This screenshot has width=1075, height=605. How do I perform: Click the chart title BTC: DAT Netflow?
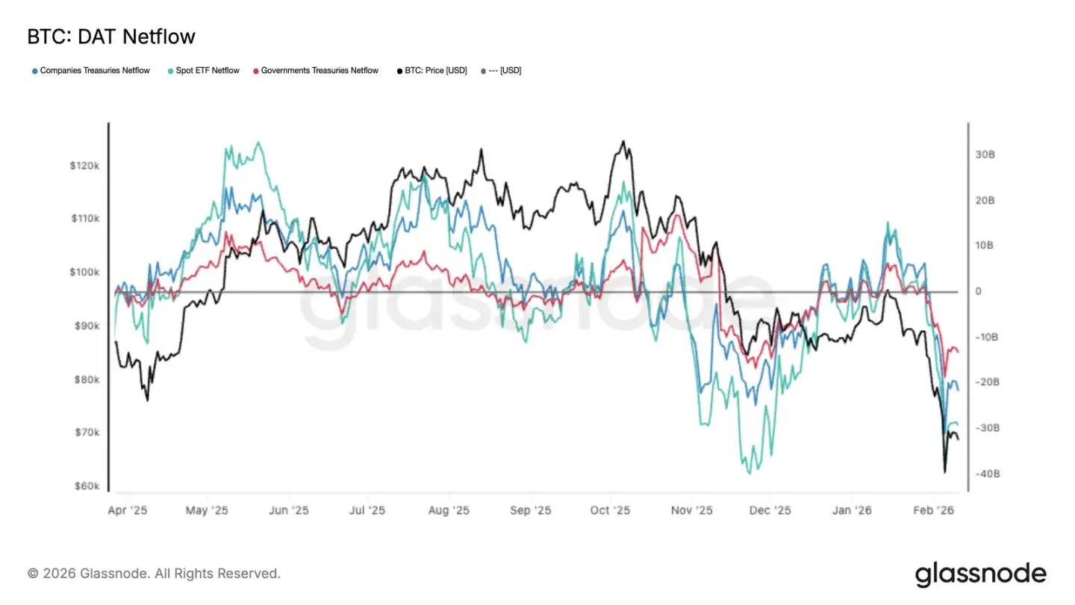111,37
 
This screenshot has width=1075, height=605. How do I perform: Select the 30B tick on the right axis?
985,155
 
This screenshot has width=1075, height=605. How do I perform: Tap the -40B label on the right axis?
987,474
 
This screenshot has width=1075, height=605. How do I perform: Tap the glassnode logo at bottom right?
980,574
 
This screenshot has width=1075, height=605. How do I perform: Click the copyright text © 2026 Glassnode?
154,574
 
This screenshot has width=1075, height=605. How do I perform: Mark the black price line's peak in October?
623,141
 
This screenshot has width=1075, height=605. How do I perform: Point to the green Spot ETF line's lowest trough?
750,473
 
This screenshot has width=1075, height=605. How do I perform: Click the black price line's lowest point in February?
944,472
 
